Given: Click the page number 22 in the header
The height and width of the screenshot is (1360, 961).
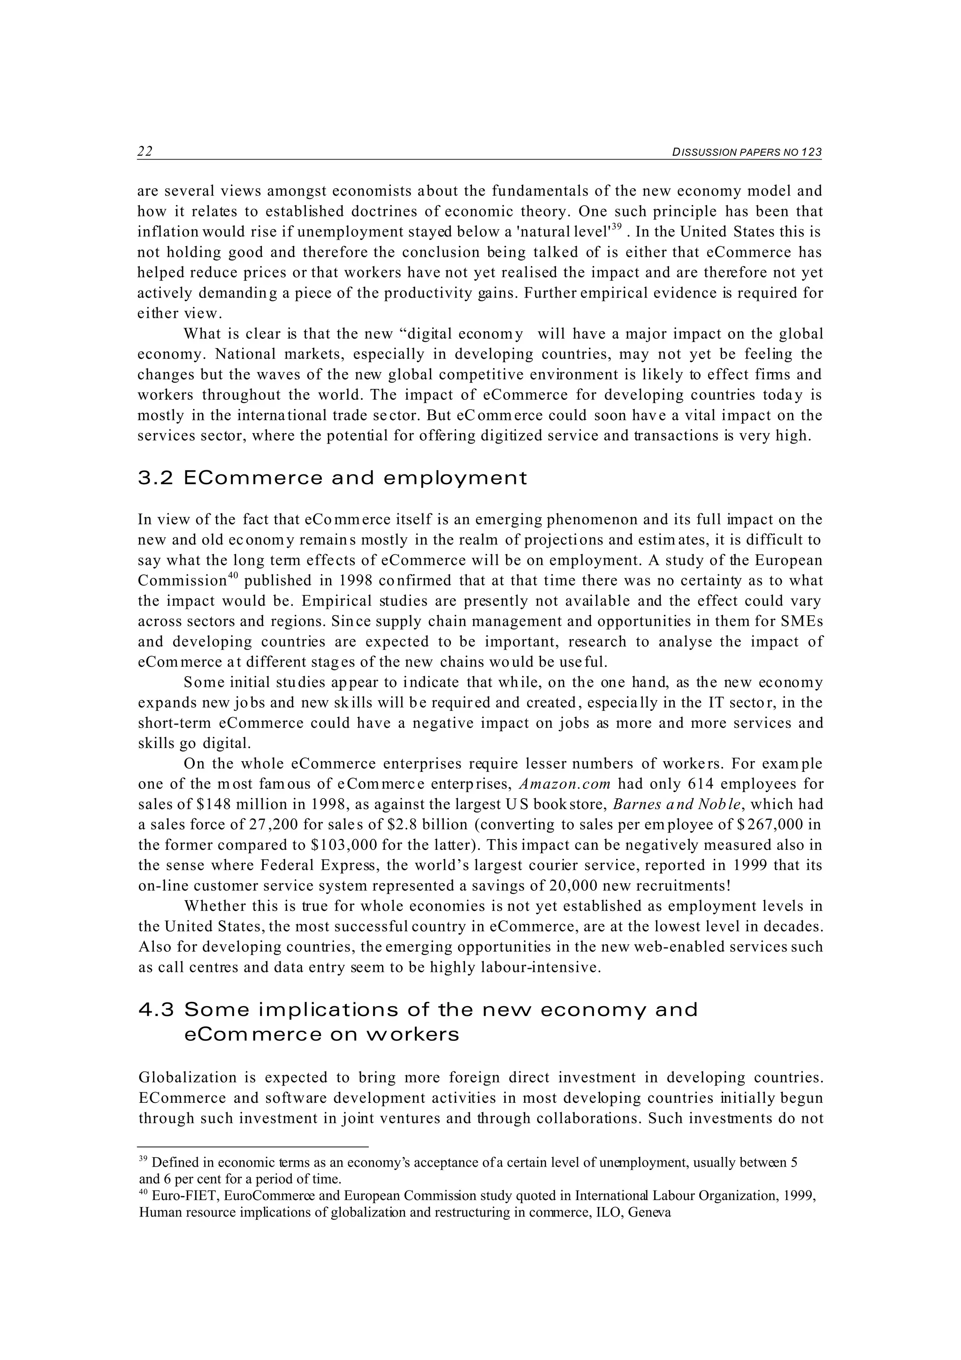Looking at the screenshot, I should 145,152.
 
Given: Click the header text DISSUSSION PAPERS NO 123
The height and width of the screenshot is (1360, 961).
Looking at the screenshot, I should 747,152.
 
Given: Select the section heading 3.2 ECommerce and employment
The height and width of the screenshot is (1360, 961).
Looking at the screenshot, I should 332,478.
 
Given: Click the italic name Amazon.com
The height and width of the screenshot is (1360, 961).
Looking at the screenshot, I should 564,784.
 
